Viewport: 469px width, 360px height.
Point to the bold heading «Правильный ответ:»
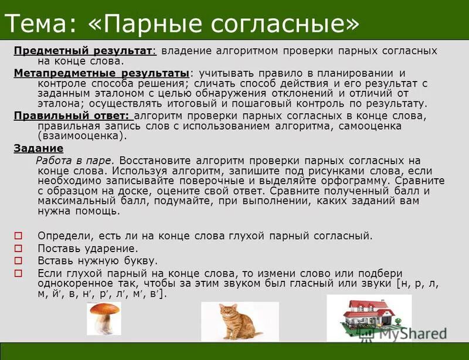click(x=73, y=116)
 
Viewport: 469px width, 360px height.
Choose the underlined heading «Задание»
click(x=38, y=148)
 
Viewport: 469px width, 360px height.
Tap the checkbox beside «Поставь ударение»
click(x=18, y=248)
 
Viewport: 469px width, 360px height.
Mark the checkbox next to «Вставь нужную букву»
click(x=18, y=261)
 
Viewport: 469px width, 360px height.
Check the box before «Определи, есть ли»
click(x=18, y=236)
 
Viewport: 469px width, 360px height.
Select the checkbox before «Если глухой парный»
click(x=18, y=273)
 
